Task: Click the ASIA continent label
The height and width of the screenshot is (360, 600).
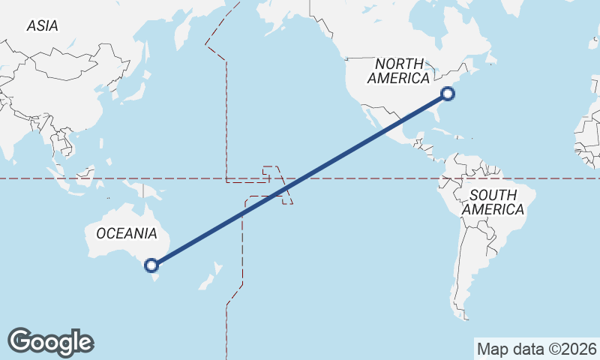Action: coord(42,25)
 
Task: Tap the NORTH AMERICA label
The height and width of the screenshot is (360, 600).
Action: coord(400,71)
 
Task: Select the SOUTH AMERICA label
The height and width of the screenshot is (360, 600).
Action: coord(493,202)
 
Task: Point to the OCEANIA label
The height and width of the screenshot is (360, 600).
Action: coord(127,233)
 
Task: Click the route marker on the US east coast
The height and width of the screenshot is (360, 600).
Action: coord(448,94)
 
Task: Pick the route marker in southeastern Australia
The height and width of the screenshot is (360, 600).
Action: coord(151,265)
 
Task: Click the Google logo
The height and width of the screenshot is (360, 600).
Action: coord(50,342)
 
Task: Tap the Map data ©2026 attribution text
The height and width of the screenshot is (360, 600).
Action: coord(536,349)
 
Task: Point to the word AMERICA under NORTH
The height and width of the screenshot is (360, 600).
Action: coord(400,79)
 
